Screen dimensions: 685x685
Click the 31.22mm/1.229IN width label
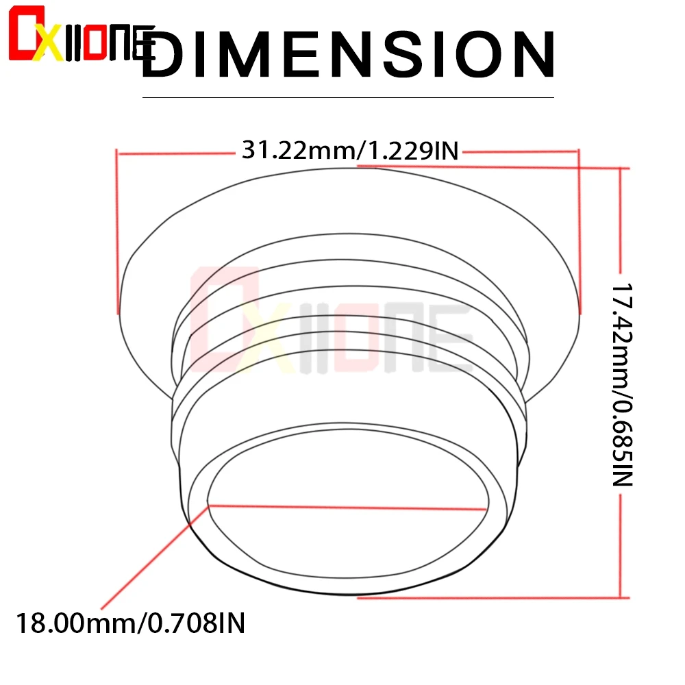350,150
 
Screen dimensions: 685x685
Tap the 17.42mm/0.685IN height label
622,385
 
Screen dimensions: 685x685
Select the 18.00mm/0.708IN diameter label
131,623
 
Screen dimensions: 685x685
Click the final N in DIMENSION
534,55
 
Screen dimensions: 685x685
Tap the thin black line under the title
348,97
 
